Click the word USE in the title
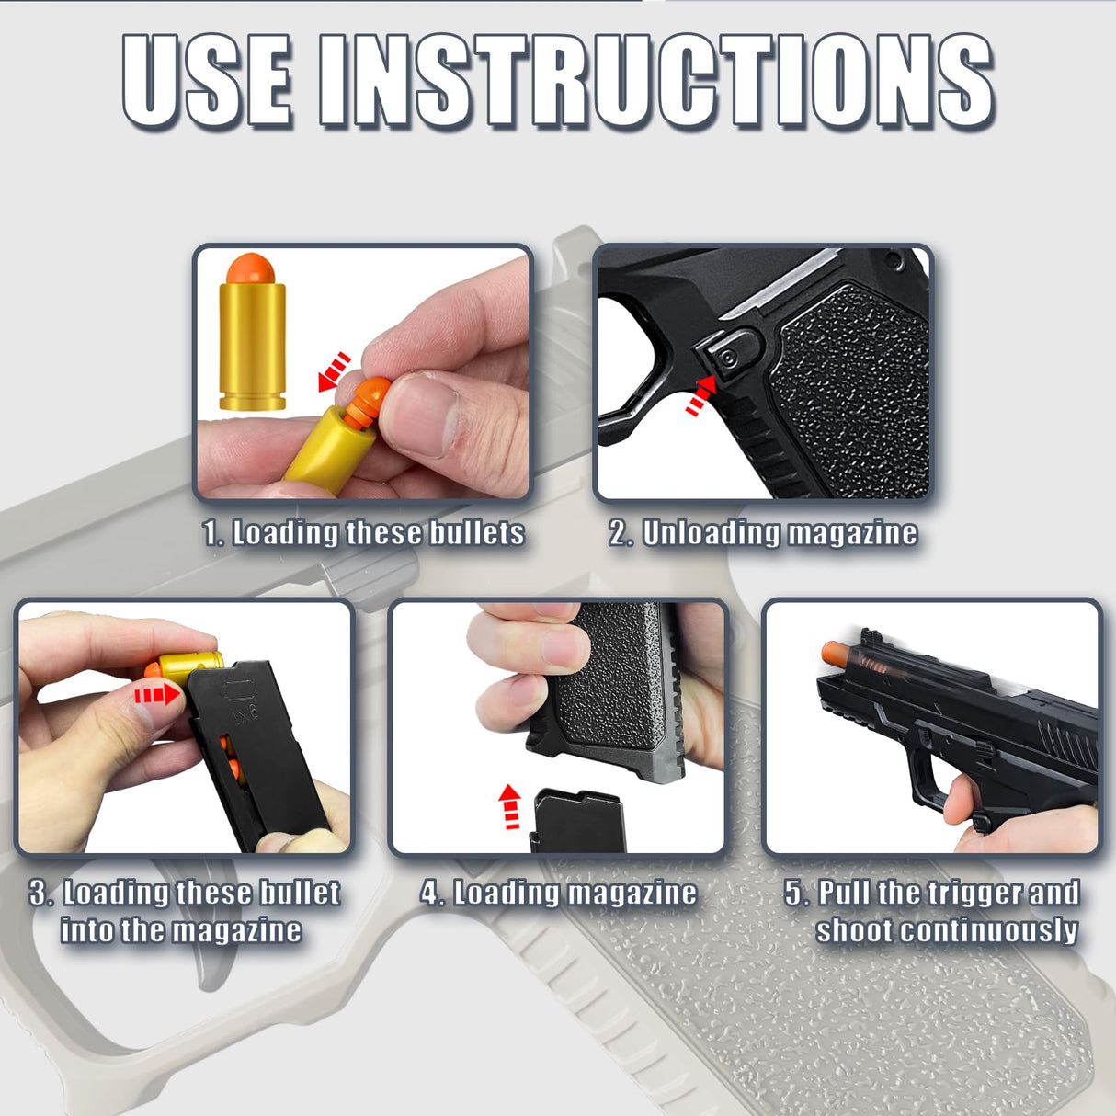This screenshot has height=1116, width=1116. point(208,81)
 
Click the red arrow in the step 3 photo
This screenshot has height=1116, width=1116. point(157,693)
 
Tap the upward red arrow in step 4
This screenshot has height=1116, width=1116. point(508,806)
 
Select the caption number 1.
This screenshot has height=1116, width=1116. point(211,533)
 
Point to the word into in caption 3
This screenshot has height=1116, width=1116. point(87,930)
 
